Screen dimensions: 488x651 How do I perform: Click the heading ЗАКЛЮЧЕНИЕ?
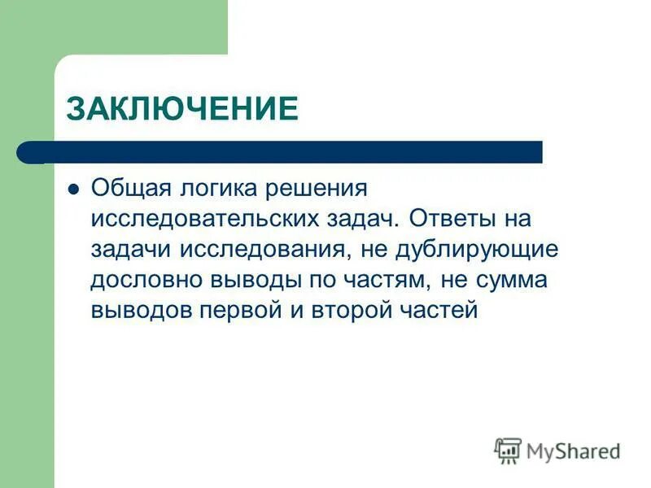pos(182,108)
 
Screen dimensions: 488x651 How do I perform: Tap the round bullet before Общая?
pos(73,189)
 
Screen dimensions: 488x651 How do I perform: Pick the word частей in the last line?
pos(438,311)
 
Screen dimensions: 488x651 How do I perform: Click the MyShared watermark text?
pos(573,450)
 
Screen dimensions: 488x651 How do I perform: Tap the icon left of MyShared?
pos(508,450)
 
